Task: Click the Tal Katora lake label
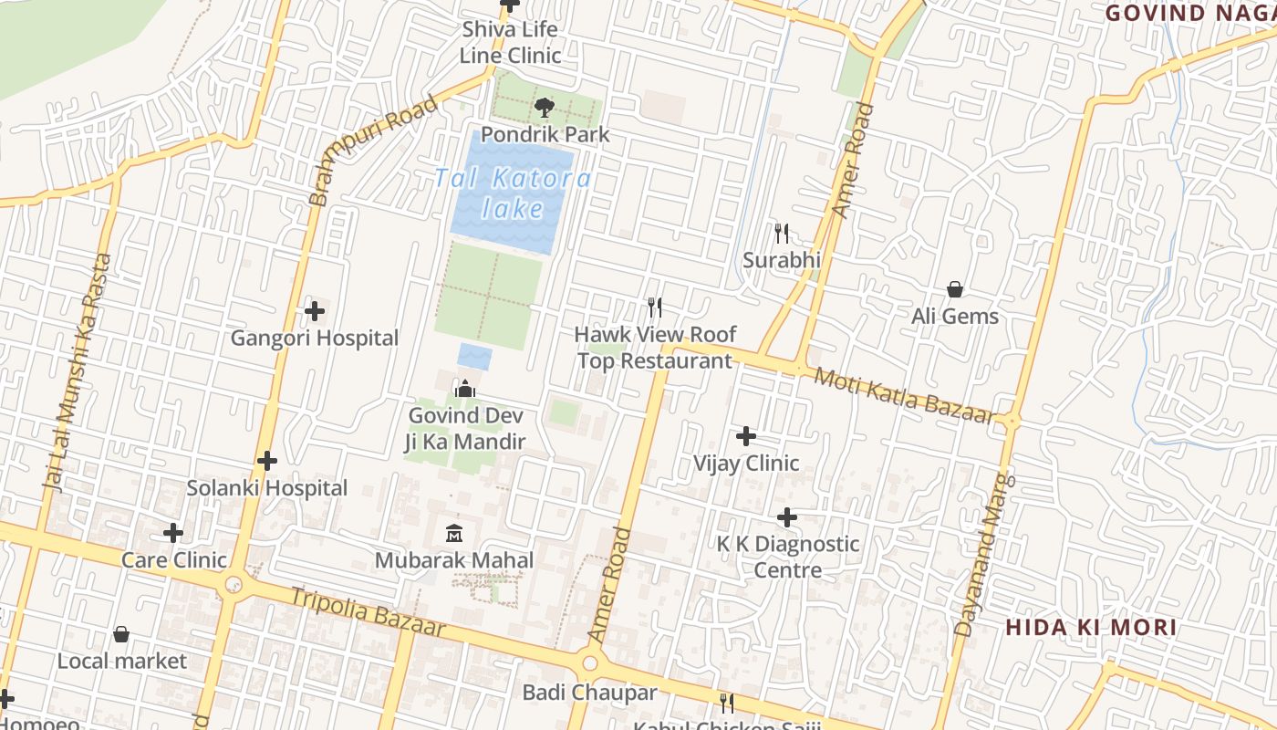(x=513, y=193)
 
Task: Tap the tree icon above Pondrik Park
(x=545, y=108)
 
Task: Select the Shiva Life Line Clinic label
(x=510, y=42)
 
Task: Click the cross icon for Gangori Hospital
(x=315, y=312)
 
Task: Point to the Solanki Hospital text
(x=267, y=488)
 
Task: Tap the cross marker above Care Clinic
(x=173, y=533)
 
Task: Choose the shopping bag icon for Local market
(x=121, y=634)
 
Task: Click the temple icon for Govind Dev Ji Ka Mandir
(x=465, y=390)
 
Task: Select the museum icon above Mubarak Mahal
(x=454, y=533)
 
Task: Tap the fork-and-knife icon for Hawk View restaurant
(x=654, y=308)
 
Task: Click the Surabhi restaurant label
(x=782, y=260)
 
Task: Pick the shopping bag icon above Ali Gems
(x=955, y=290)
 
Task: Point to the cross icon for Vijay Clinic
(x=746, y=436)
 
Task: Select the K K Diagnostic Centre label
(x=788, y=557)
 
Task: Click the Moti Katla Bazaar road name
(x=903, y=394)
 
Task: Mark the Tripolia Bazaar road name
(x=368, y=612)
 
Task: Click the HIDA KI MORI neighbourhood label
(x=1091, y=628)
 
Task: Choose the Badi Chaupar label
(x=589, y=693)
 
